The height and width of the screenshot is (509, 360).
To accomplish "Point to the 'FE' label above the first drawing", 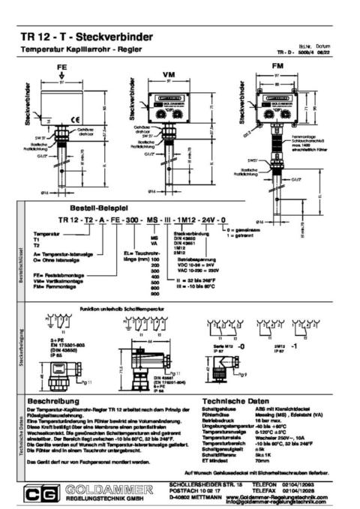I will [61, 67].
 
